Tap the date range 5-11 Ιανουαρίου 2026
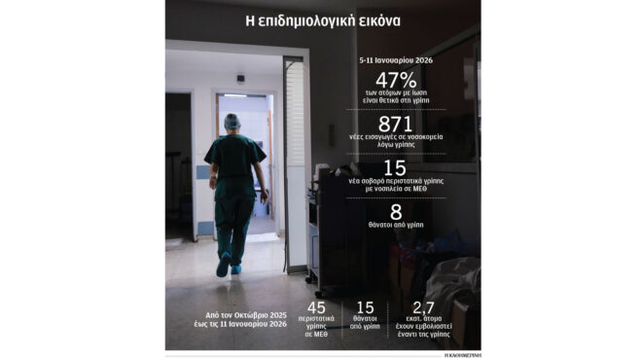tap(395, 59)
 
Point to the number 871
tap(395, 125)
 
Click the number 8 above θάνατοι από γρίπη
tap(395, 212)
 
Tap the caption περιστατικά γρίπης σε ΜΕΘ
tap(316, 329)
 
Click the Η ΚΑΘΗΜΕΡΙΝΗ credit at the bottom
tap(461, 354)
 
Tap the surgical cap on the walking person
tap(232, 122)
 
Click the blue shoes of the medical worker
tap(228, 267)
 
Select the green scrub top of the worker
tap(233, 161)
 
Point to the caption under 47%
tap(395, 98)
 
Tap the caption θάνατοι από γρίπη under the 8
tap(395, 228)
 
